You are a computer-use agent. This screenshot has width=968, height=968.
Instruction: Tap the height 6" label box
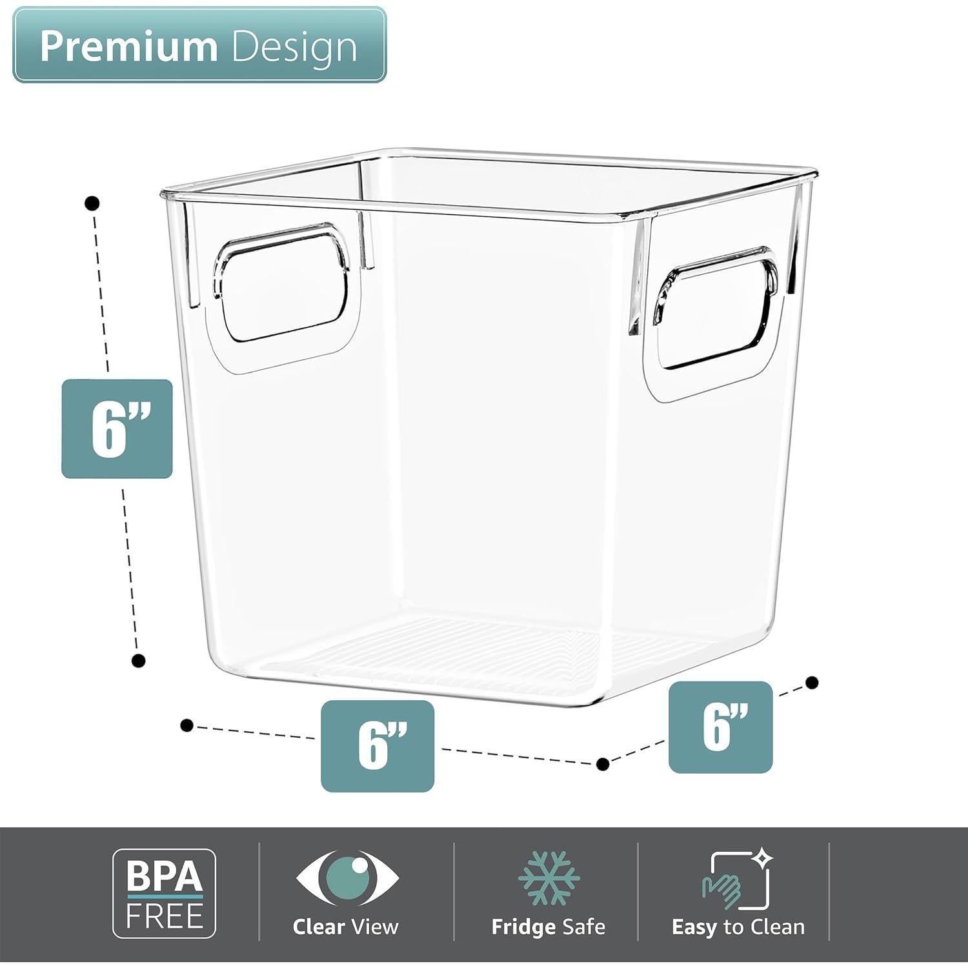117,429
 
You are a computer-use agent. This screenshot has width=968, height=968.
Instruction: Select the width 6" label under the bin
378,745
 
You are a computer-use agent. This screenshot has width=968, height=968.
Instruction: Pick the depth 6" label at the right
720,727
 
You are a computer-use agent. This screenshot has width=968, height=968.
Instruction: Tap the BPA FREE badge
165,893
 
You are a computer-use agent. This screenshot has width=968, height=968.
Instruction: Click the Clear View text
346,927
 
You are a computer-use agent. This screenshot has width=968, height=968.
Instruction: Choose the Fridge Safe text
548,927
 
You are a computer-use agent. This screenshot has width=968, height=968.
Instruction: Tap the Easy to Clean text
738,927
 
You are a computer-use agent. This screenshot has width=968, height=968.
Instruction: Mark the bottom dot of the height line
138,660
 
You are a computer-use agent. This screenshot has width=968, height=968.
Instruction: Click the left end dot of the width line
187,725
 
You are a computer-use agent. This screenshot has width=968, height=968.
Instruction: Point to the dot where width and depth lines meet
603,764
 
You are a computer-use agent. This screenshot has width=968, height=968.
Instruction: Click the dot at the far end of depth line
812,682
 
